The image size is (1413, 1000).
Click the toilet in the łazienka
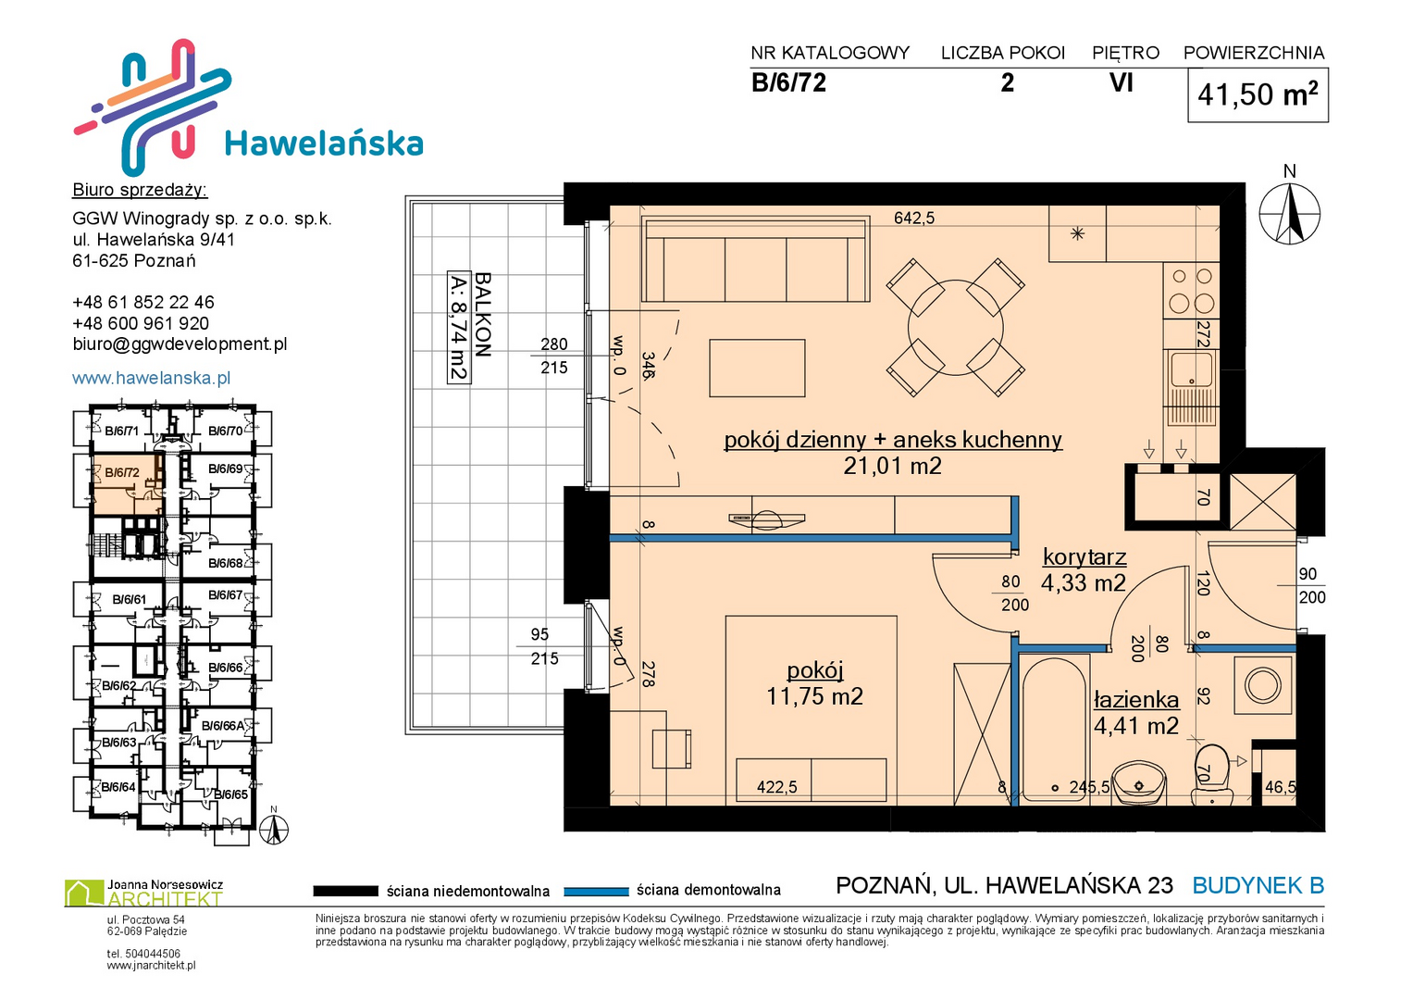click(1212, 774)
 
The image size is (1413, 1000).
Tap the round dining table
click(956, 329)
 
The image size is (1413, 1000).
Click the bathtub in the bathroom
click(1054, 731)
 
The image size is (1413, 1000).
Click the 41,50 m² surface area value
click(1258, 94)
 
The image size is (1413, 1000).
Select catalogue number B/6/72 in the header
click(788, 82)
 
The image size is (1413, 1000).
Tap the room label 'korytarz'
click(1085, 556)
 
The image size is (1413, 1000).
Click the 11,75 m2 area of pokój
click(814, 695)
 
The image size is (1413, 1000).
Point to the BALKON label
click(482, 315)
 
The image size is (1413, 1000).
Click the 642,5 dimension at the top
click(914, 218)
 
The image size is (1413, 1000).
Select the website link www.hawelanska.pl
click(152, 378)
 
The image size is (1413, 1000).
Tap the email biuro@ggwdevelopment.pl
click(180, 344)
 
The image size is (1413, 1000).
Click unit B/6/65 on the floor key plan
click(230, 794)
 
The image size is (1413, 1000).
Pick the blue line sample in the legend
click(596, 892)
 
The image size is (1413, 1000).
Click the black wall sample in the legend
click(346, 891)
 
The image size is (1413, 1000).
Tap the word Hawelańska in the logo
click(324, 143)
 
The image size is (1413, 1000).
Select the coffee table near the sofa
click(757, 369)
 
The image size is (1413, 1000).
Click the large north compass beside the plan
click(1289, 214)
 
